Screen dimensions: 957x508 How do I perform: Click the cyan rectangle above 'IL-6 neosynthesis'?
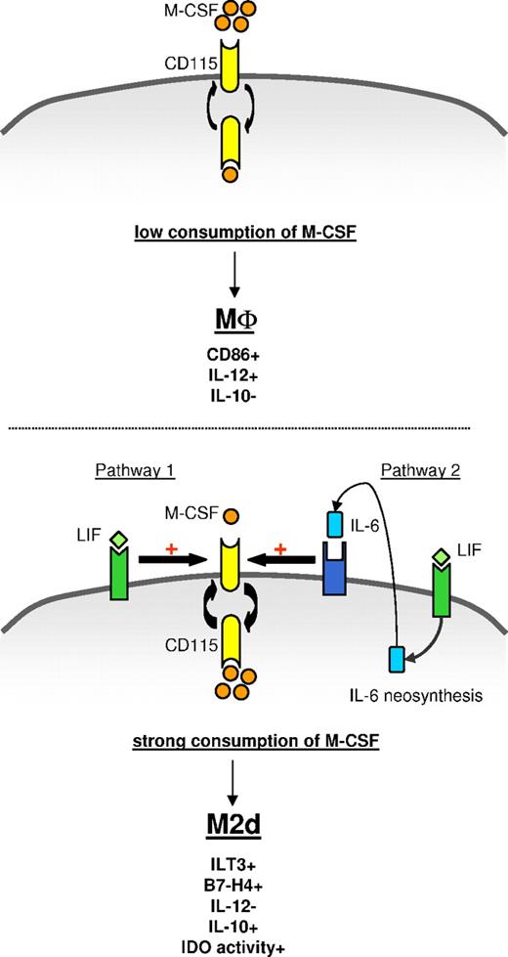coord(397,660)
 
